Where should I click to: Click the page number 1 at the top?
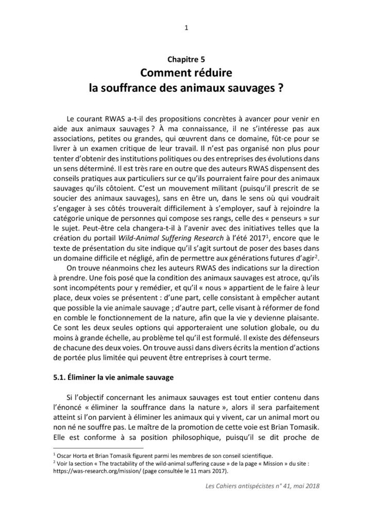pos(186,28)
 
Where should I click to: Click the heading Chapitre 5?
pos(186,60)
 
